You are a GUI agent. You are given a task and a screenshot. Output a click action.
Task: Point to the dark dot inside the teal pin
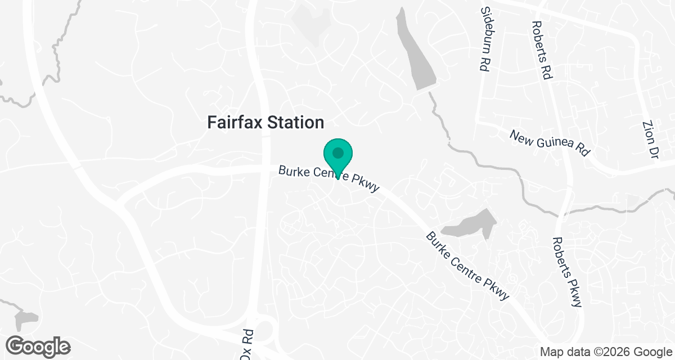(x=337, y=152)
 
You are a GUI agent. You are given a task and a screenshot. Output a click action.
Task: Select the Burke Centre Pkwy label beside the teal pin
(x=329, y=179)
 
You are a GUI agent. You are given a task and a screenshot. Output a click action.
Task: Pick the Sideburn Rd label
(x=484, y=39)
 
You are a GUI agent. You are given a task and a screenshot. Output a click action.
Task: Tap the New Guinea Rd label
(x=551, y=143)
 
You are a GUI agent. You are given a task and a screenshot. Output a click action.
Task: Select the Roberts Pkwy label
(x=567, y=272)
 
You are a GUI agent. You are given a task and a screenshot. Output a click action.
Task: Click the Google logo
(x=38, y=346)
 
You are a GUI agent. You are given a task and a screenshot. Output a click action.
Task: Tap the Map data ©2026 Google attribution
(x=605, y=352)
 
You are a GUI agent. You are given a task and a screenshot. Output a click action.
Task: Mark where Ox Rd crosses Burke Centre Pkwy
(x=263, y=170)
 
